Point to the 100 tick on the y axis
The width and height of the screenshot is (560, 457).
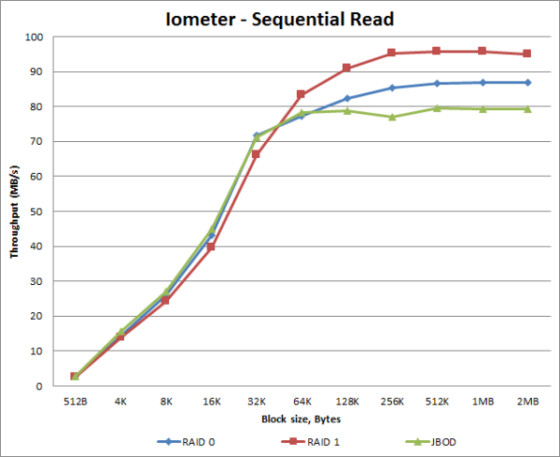35,37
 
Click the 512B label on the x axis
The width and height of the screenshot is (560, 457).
76,402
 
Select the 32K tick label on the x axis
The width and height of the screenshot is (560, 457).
257,402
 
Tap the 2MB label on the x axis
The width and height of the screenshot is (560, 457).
527,402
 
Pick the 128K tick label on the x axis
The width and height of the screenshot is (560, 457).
346,402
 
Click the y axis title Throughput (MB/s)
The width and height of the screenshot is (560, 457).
15,211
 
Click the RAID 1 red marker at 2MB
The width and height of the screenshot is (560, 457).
527,54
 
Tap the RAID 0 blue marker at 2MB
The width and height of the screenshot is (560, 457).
527,82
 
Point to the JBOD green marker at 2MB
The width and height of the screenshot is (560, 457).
527,109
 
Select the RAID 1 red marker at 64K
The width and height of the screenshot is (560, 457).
301,94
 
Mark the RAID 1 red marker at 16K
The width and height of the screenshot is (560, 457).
211,247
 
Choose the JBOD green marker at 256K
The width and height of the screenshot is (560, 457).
392,117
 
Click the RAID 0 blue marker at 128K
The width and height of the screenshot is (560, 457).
346,98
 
